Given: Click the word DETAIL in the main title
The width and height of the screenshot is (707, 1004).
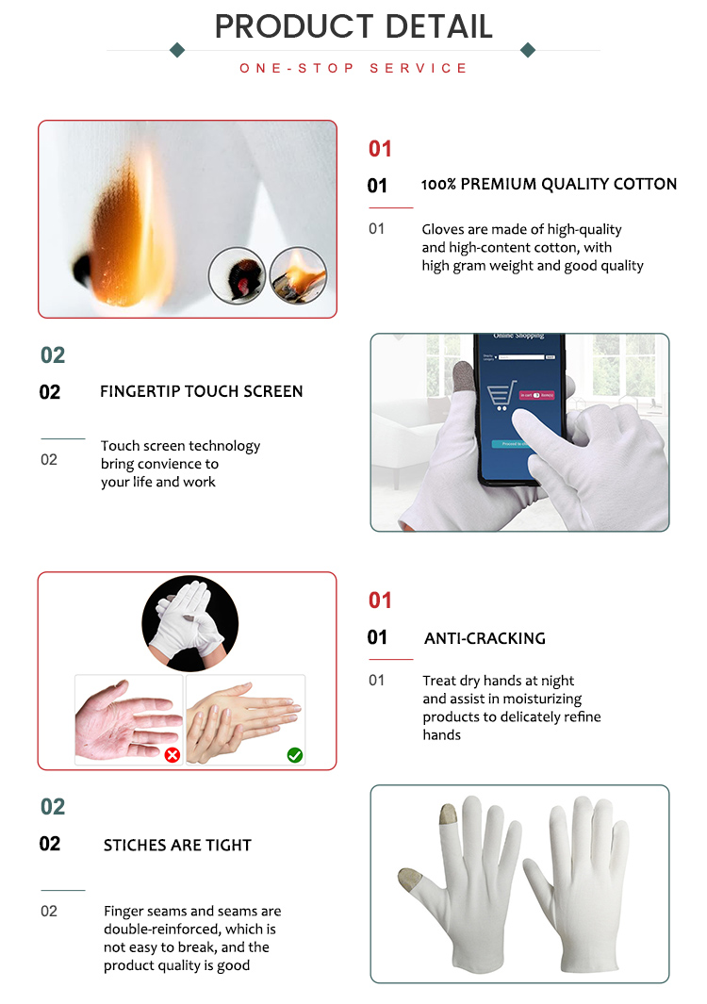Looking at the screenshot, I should tap(432, 26).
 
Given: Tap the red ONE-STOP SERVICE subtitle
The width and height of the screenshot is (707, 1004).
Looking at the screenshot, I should tap(353, 69).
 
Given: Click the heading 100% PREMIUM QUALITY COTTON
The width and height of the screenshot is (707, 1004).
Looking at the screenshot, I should tap(549, 185).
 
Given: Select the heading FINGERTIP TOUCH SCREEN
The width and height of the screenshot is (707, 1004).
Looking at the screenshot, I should tap(202, 391).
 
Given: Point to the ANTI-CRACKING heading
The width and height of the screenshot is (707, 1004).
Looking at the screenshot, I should tap(485, 638).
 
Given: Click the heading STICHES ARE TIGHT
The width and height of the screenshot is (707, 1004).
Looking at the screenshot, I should tap(177, 846).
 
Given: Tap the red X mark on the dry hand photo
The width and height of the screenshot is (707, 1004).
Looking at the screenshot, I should tap(172, 754).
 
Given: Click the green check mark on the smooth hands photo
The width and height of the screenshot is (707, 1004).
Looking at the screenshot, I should tap(295, 754).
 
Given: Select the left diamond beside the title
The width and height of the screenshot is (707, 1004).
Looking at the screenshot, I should tap(176, 50).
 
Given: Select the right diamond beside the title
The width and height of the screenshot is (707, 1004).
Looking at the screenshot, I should tap(528, 50).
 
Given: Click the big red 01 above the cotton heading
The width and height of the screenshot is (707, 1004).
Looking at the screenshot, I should tap(380, 149).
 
